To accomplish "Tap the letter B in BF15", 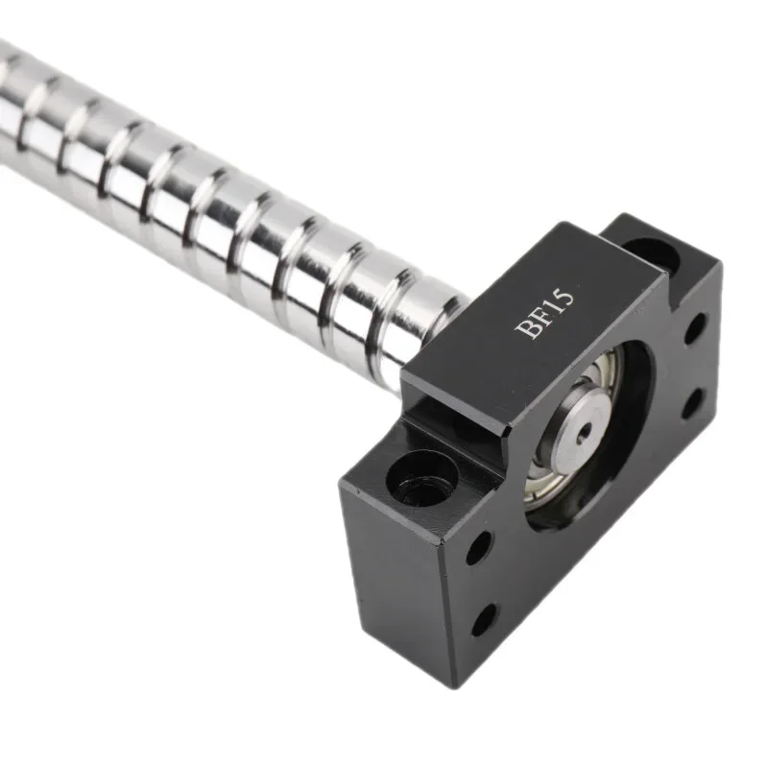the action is pos(527,329).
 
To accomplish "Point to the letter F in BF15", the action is pos(540,316).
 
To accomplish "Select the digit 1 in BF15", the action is pos(552,304).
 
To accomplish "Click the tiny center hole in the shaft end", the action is pos(583,433).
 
